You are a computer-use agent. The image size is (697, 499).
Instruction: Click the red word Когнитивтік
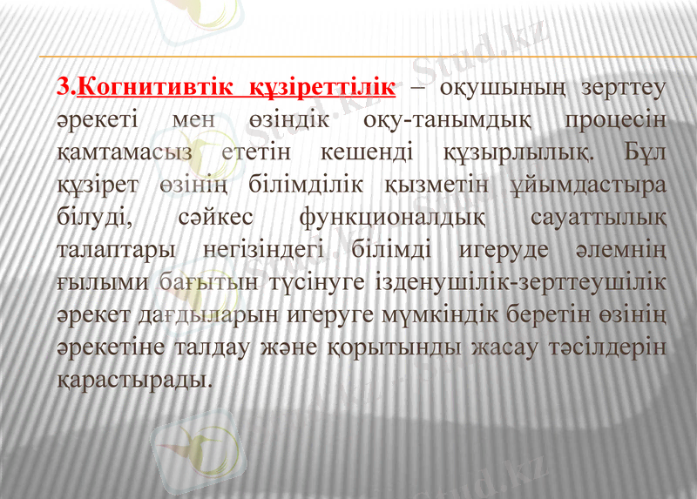tap(154, 88)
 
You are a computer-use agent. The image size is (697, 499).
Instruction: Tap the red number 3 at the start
tap(62, 88)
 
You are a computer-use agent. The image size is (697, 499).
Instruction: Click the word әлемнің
tap(620, 249)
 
